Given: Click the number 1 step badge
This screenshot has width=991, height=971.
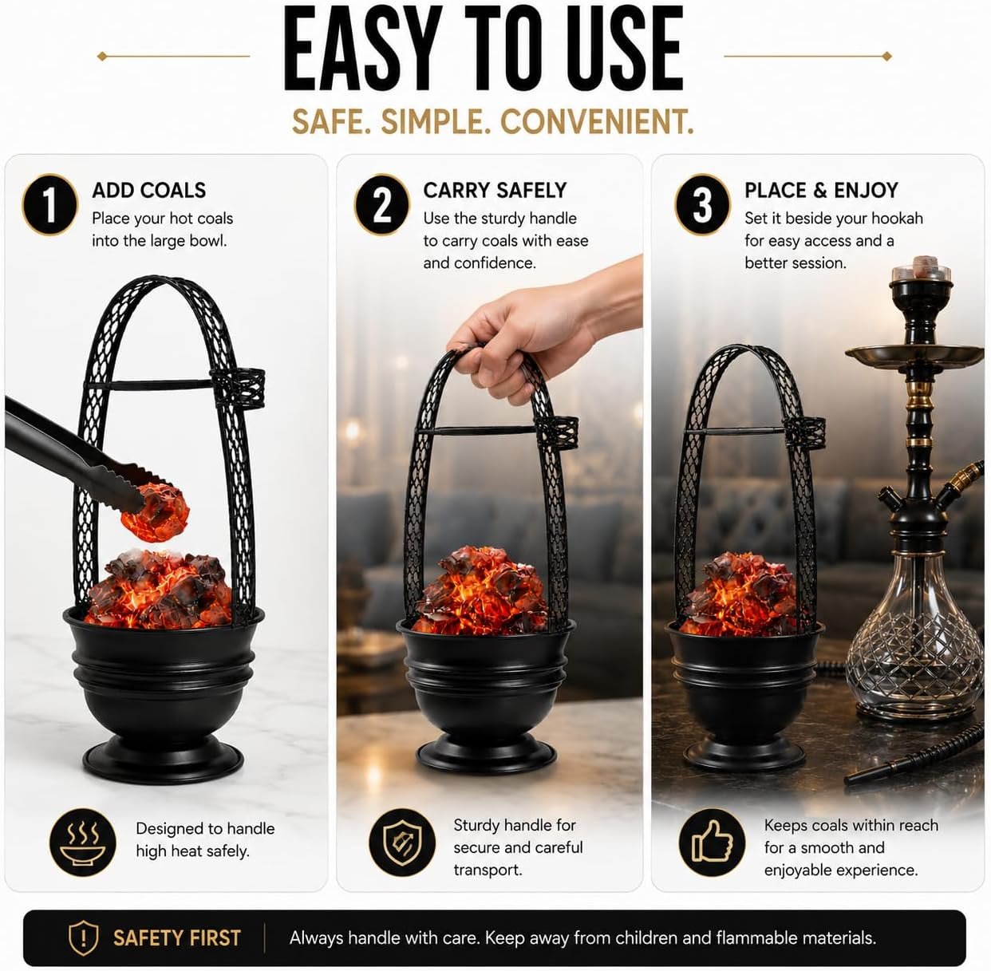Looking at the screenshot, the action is tap(50, 205).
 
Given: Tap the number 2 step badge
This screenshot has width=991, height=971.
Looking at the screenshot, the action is tap(381, 205).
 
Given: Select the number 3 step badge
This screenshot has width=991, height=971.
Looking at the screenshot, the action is tap(702, 205).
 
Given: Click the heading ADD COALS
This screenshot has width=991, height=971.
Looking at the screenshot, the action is tap(149, 191).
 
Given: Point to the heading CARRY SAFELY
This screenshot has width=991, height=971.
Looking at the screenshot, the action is tap(495, 191).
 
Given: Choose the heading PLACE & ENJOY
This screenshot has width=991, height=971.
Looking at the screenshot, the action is tap(821, 191).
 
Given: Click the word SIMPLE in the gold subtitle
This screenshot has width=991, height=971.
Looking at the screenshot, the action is tap(436, 122).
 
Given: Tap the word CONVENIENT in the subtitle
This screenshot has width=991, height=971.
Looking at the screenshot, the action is tap(597, 122).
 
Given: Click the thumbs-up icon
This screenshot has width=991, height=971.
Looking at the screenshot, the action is tap(713, 843).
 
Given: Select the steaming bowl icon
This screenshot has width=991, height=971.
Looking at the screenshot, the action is tap(83, 843).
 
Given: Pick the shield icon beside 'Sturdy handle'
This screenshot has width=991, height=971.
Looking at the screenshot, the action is tap(402, 843).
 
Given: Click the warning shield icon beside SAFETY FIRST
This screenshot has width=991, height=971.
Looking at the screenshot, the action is tap(83, 937).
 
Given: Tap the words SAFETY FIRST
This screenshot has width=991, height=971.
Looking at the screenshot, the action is tap(177, 938).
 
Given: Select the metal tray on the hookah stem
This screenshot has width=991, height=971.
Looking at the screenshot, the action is tap(915, 356).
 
